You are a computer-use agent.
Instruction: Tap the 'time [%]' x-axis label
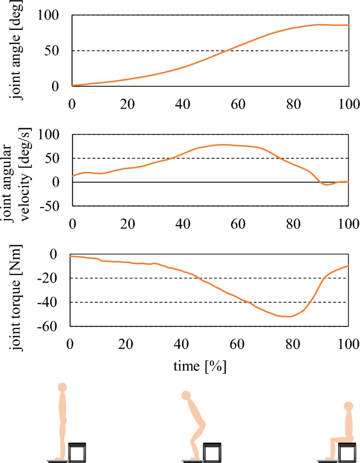click(200, 366)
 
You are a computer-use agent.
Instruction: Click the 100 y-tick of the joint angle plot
click(50, 16)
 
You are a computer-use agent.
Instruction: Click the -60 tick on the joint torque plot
click(50, 326)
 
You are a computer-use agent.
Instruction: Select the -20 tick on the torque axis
click(50, 279)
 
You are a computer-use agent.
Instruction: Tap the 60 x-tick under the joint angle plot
click(237, 103)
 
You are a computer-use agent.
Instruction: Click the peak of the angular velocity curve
click(223, 144)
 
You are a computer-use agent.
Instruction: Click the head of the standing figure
click(63, 387)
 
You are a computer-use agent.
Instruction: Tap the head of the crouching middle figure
click(186, 395)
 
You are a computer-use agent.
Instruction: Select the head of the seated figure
click(347, 406)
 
